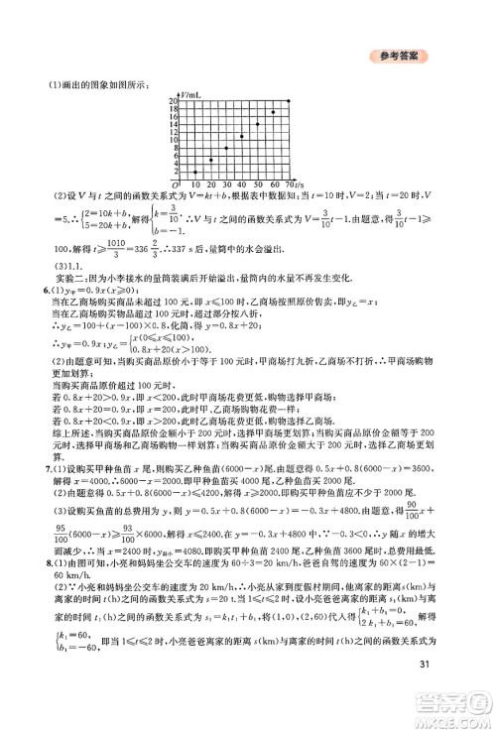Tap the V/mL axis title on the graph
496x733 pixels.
192,93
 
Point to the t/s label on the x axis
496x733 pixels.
298,185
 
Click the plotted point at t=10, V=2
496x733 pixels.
194,173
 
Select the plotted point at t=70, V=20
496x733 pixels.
288,101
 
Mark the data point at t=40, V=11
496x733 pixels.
241,136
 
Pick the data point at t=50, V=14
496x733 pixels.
257,124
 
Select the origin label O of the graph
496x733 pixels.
175,185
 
